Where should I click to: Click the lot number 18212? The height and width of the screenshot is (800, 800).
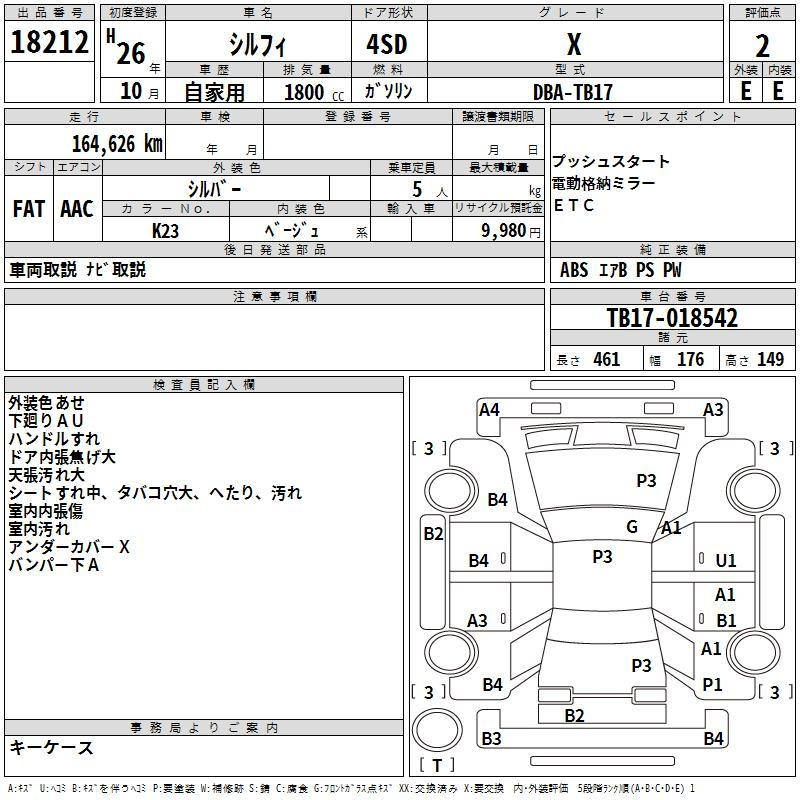(x=49, y=42)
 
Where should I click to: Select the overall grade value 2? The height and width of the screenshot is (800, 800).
(x=762, y=46)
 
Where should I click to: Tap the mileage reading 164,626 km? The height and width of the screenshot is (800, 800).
(x=117, y=144)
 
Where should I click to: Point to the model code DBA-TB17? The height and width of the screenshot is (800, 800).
(x=572, y=92)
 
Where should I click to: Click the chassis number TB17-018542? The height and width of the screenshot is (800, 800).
(x=672, y=318)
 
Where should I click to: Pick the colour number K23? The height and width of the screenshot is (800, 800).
(x=165, y=231)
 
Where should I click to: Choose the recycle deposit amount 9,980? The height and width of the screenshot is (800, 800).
(x=504, y=230)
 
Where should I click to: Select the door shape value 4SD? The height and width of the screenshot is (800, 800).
(x=387, y=44)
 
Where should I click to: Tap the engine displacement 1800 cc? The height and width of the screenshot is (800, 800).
(x=314, y=92)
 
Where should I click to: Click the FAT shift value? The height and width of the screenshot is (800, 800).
(x=29, y=209)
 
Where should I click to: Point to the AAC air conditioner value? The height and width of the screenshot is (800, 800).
(x=77, y=209)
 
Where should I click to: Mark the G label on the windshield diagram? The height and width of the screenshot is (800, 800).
(x=632, y=526)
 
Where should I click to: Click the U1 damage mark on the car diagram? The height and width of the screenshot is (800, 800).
(x=726, y=560)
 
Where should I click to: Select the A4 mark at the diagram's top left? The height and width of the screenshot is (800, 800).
(x=489, y=410)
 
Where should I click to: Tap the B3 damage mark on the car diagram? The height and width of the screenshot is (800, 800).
(x=491, y=738)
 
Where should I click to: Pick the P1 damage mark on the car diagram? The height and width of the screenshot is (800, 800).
(x=712, y=684)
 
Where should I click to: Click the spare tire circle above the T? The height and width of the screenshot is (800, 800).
(x=437, y=730)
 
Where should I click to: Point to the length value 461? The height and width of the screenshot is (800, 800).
(x=607, y=359)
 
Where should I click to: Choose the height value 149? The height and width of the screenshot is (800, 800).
(x=770, y=359)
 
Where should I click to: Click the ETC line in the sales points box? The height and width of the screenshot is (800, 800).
(x=573, y=205)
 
